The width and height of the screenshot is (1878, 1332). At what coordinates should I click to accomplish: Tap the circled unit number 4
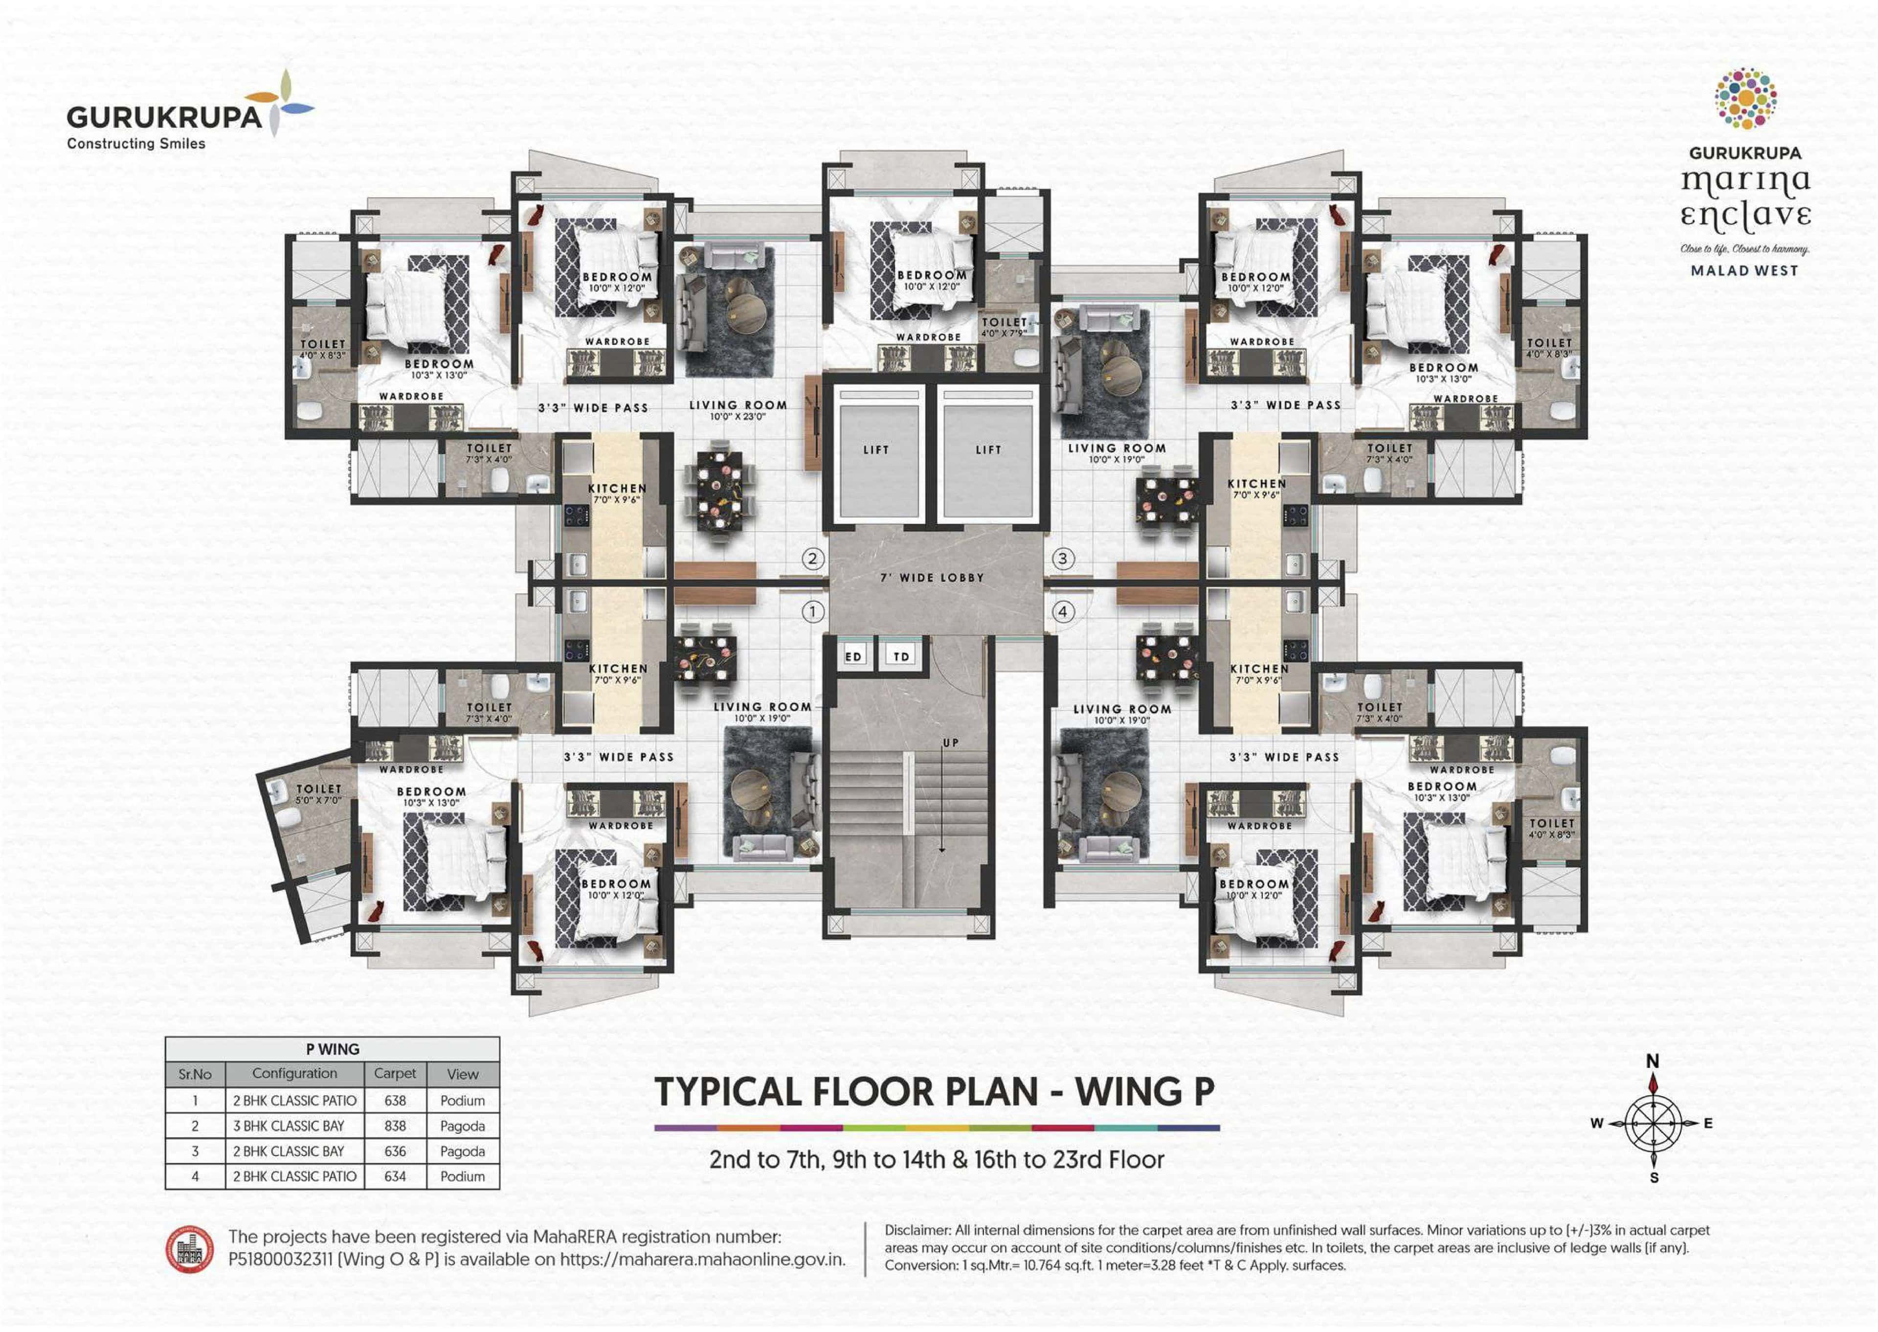tap(1063, 612)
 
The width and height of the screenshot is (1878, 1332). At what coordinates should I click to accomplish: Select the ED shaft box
tap(854, 656)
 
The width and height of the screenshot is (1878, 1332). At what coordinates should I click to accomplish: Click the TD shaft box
tap(901, 656)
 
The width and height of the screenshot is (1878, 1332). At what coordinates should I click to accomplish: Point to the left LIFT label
tap(876, 450)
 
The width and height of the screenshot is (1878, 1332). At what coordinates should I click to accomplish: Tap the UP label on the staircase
tap(950, 743)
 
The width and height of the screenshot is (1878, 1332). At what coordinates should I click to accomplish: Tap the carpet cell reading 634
tap(395, 1176)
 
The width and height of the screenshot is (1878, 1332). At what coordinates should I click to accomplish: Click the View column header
tap(463, 1074)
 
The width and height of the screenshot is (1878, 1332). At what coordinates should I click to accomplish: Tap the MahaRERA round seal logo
tap(190, 1250)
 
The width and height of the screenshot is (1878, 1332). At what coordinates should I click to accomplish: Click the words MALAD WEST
tap(1744, 271)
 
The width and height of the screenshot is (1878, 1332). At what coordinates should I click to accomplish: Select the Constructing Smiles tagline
tap(136, 143)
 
